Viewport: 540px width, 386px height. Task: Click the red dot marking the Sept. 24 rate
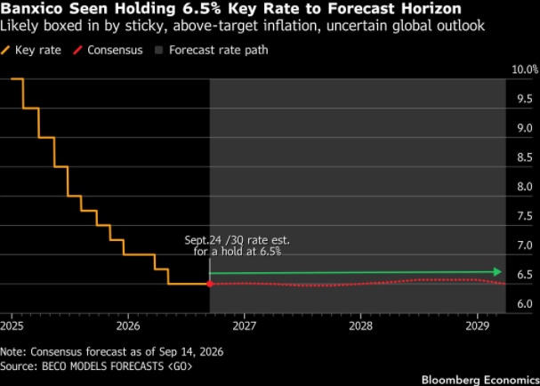tap(210, 284)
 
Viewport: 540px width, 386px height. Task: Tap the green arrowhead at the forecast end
tap(497, 271)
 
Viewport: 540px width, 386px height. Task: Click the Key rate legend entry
tap(31, 51)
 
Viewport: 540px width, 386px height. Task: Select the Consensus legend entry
tap(108, 51)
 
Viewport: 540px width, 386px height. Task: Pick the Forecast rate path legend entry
tap(212, 51)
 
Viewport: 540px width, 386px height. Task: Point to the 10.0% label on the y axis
tap(525, 69)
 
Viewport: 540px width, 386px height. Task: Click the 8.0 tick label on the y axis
tap(525, 187)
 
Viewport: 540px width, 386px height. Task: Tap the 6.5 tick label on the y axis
tap(525, 275)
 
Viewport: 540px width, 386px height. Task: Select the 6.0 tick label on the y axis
tap(525, 303)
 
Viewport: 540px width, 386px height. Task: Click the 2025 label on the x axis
tap(12, 326)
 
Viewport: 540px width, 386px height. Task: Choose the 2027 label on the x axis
tap(245, 326)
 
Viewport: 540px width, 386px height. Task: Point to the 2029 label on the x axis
tap(478, 326)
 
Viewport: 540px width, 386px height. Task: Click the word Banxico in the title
tap(32, 9)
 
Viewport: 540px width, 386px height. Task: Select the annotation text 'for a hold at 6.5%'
tap(238, 252)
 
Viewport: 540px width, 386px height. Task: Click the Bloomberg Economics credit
tap(480, 380)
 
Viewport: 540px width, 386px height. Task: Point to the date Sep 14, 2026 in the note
tap(191, 352)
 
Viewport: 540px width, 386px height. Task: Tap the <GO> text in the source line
tap(180, 366)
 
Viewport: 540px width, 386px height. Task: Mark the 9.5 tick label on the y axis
tap(525, 99)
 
